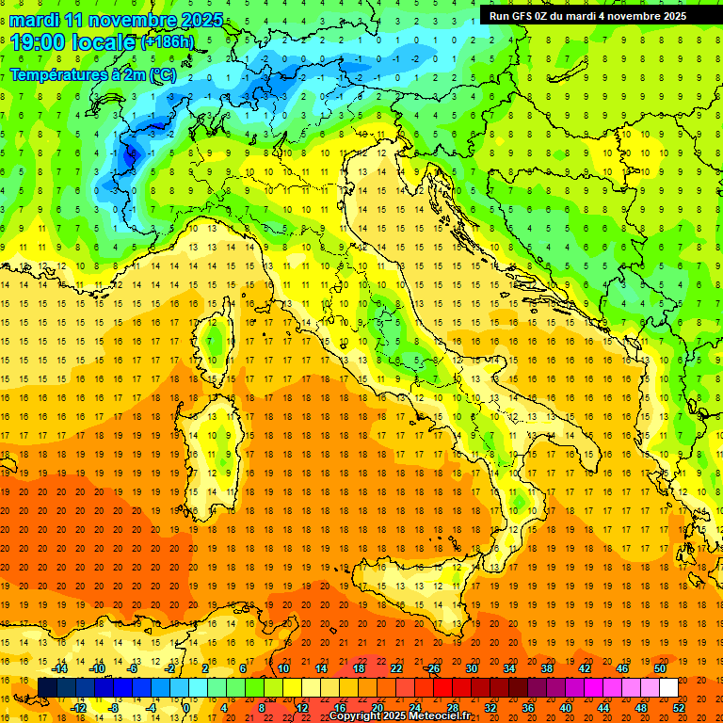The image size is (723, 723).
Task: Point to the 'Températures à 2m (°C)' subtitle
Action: coord(92,73)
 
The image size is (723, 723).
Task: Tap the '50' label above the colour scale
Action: coord(659,668)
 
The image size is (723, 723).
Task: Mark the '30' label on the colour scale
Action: coord(471,668)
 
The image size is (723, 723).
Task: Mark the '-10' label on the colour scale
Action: coord(97,668)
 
